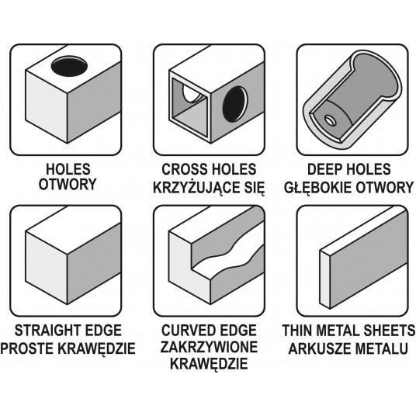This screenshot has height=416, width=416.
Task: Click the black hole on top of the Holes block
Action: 69,66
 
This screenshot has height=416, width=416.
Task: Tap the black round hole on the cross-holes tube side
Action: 235,104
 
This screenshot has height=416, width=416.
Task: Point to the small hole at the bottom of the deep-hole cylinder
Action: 331,121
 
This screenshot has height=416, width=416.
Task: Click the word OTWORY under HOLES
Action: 68,184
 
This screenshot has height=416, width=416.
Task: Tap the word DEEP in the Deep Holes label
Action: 323,169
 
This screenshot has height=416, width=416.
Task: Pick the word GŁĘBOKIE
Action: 317,187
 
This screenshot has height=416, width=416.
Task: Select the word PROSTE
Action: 28,348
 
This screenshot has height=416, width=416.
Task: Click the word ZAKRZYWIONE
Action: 209,347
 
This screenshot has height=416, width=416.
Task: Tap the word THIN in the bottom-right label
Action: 297,331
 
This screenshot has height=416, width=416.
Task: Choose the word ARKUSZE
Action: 318,348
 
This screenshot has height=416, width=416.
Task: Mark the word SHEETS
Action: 389,331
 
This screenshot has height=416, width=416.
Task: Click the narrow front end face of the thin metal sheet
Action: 324,279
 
